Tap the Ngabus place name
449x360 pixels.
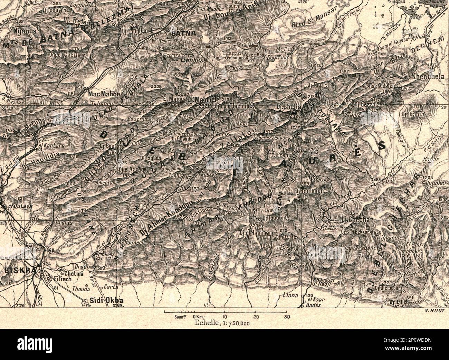pyautogui.click(x=25, y=30)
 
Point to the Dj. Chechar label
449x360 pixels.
pyautogui.click(x=353, y=219)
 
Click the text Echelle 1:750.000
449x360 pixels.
pyautogui.click(x=221, y=323)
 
